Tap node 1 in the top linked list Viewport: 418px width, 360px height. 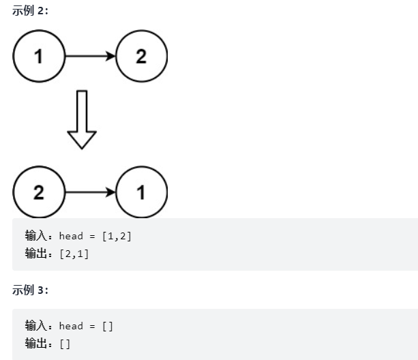click(x=38, y=57)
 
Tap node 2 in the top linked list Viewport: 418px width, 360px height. click(x=141, y=57)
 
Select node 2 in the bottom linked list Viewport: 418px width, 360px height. click(x=38, y=193)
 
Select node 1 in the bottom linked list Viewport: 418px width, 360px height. click(x=141, y=193)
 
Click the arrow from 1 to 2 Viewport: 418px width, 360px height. click(x=89, y=57)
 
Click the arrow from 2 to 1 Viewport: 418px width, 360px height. click(x=89, y=193)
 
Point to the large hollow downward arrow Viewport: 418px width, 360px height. click(x=83, y=119)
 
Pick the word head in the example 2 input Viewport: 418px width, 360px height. click(x=70, y=236)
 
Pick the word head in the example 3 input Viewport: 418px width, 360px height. click(x=70, y=326)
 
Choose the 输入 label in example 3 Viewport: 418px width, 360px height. click(x=35, y=326)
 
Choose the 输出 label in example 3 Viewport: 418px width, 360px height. click(x=35, y=343)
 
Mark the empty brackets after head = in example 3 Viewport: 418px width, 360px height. click(x=108, y=326)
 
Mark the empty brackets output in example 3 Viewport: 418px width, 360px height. click(x=65, y=343)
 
